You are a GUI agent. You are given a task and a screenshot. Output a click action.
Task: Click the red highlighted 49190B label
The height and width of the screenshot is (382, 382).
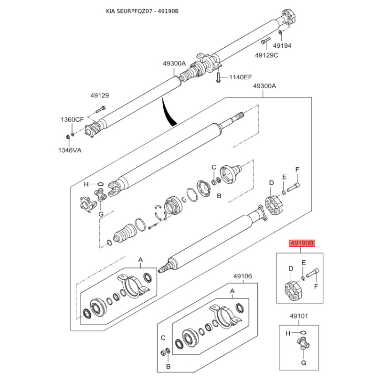click(x=301, y=244)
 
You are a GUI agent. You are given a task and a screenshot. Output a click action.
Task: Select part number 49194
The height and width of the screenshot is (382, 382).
click(x=282, y=46)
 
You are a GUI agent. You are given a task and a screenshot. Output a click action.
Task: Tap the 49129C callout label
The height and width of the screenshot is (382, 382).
click(x=266, y=55)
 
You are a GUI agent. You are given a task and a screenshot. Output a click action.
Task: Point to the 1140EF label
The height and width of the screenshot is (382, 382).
click(x=240, y=76)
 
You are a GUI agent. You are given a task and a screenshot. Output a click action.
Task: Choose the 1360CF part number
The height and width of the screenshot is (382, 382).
click(x=72, y=119)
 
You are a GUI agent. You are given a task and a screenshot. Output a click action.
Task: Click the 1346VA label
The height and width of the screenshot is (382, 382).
click(x=71, y=150)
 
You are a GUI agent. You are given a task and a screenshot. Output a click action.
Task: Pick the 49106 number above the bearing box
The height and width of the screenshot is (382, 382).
click(x=243, y=276)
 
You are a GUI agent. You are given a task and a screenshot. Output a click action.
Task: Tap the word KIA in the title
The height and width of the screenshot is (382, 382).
click(x=110, y=11)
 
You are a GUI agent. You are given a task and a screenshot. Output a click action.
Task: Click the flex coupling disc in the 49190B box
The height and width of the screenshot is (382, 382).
click(x=292, y=291)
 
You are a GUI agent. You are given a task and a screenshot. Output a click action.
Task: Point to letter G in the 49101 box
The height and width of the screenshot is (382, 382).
click(x=302, y=362)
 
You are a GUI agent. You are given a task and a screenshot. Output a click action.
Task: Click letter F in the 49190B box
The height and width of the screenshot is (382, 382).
click(x=315, y=286)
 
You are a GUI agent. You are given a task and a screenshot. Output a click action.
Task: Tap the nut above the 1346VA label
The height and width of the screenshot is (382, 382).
click(x=68, y=138)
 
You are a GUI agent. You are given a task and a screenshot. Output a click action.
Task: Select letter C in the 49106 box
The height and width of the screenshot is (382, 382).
click(x=163, y=337)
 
